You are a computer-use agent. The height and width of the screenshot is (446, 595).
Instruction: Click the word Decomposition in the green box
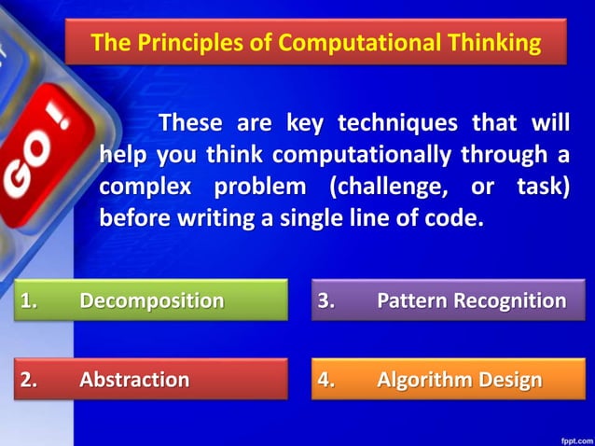151,300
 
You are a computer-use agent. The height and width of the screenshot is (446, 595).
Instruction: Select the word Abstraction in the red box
134,380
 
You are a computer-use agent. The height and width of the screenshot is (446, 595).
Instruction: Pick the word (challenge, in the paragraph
384,187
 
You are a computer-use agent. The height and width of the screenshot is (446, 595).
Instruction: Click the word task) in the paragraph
542,187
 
